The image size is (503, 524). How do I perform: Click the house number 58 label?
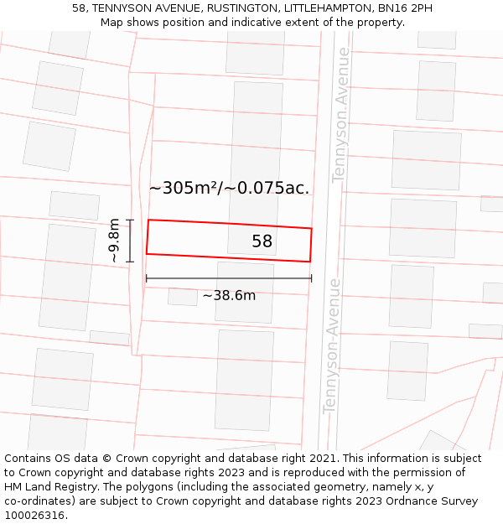pos(262,241)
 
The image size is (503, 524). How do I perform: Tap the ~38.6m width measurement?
pos(229,295)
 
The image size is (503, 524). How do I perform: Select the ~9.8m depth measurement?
pos(115,241)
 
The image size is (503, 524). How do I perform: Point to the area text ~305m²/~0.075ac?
pos(229,188)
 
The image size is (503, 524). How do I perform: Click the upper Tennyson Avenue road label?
pos(340,115)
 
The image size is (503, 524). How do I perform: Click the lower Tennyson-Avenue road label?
pos(332,345)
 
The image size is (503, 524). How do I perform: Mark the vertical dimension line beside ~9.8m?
pos(130,241)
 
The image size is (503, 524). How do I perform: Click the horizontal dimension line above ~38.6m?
pos(229,278)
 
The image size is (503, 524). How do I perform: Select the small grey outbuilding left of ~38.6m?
pos(183,296)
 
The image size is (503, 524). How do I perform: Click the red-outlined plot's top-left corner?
pos(148,220)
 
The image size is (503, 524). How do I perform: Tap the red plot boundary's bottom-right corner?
pos(310,262)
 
